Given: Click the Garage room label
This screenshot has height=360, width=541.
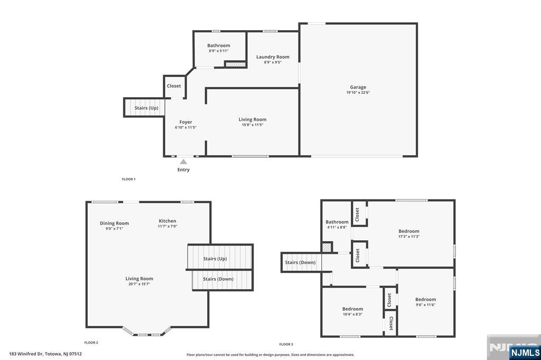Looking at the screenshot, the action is click(x=358, y=87).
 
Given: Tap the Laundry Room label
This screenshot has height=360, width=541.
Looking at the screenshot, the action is click(x=273, y=57).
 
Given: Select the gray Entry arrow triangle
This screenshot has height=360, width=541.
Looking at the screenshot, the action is click(x=183, y=162).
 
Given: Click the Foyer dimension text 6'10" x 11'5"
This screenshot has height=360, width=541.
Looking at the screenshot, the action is click(x=185, y=128).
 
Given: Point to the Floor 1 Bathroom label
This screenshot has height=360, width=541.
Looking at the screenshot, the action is click(x=218, y=45).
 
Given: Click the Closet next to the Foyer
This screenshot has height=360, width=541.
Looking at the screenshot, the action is click(x=174, y=86).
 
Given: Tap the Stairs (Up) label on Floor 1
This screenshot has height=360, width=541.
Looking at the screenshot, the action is click(x=146, y=108).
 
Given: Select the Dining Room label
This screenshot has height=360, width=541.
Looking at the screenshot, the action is click(x=114, y=223).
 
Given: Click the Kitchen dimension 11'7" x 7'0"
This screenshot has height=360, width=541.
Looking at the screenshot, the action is click(x=167, y=226).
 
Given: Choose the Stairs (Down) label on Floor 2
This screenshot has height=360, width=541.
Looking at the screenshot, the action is click(x=218, y=279).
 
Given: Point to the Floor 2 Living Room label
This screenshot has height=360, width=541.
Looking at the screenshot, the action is click(x=139, y=279).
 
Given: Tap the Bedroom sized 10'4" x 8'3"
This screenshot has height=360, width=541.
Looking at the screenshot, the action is click(x=352, y=309).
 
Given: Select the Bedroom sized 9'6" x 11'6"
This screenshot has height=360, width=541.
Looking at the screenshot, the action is click(x=425, y=300).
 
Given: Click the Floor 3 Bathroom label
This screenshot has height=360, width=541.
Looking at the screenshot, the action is click(x=337, y=222).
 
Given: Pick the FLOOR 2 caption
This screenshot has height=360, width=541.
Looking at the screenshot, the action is click(x=91, y=343).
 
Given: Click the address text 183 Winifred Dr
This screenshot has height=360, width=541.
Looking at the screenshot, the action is click(x=26, y=354).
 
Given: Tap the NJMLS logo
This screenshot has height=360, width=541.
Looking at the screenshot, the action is click(x=525, y=352).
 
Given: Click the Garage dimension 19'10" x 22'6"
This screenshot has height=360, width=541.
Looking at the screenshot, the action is click(x=358, y=92).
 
